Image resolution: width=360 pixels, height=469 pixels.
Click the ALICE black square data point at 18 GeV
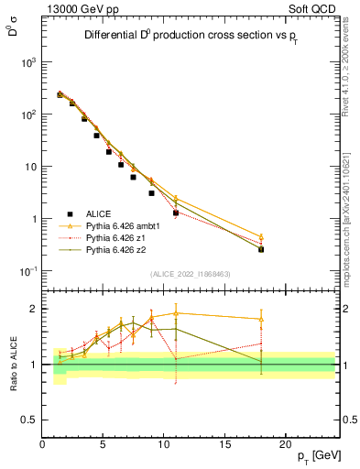(261, 249)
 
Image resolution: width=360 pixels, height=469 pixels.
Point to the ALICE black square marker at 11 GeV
(176, 213)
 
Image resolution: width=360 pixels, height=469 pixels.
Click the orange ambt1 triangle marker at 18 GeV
(261, 237)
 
